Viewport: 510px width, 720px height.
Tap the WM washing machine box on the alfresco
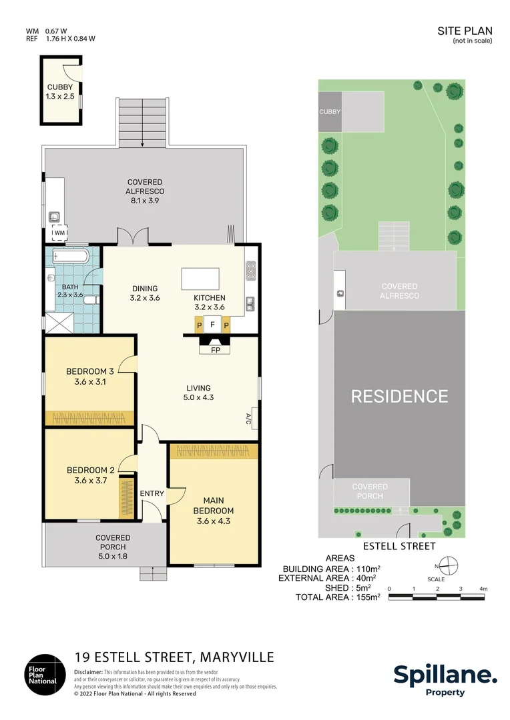tap(60, 233)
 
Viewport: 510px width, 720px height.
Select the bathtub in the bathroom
tap(70, 256)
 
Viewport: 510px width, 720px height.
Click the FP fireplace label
tap(215, 349)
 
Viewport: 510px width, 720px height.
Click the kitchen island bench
tap(200, 277)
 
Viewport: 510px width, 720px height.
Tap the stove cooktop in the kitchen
tap(252, 271)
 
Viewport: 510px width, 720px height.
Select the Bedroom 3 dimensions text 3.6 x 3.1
tap(86, 383)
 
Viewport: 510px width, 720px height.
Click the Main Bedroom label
tap(214, 505)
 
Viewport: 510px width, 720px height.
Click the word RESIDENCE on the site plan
tap(399, 396)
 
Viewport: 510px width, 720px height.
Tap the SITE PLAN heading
tap(465, 31)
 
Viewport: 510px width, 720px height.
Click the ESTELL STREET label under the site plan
tap(399, 546)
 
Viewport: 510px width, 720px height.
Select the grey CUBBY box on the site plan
tap(330, 112)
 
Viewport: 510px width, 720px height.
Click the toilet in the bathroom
tap(91, 301)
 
